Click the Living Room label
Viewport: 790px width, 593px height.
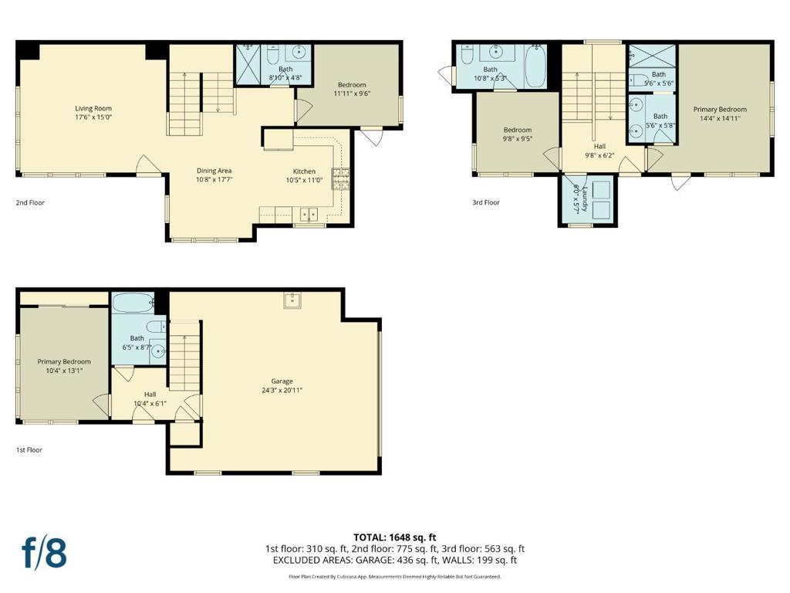point(93,108)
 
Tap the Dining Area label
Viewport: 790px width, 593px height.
point(214,171)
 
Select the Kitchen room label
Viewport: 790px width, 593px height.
point(304,171)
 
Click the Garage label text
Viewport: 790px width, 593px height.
point(282,381)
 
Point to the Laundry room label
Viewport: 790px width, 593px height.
point(585,199)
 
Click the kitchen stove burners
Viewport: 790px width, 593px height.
point(340,178)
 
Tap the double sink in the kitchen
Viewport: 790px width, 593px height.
point(309,215)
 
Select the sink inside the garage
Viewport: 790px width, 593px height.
point(292,300)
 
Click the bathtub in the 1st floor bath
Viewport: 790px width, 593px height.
point(133,303)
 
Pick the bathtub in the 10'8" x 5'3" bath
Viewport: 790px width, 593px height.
point(535,66)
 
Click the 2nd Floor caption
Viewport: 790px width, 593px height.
point(30,203)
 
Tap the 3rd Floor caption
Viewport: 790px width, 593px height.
point(486,203)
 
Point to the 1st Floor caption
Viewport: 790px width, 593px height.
point(29,450)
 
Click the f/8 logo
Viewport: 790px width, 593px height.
point(44,553)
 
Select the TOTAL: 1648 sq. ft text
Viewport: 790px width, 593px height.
point(395,537)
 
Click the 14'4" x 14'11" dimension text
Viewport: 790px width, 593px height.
point(720,118)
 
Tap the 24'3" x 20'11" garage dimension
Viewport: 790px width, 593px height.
point(282,390)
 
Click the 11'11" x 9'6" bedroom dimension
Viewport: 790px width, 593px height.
point(352,93)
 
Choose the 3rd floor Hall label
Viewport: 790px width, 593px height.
point(599,146)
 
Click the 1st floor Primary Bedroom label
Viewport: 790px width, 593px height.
point(64,361)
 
